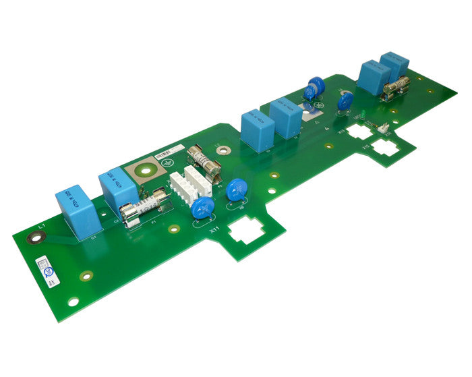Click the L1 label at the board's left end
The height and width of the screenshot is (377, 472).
tap(41, 225)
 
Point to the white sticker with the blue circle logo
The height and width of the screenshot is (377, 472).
tap(48, 270)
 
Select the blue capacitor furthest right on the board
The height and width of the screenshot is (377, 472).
tap(394, 65)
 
